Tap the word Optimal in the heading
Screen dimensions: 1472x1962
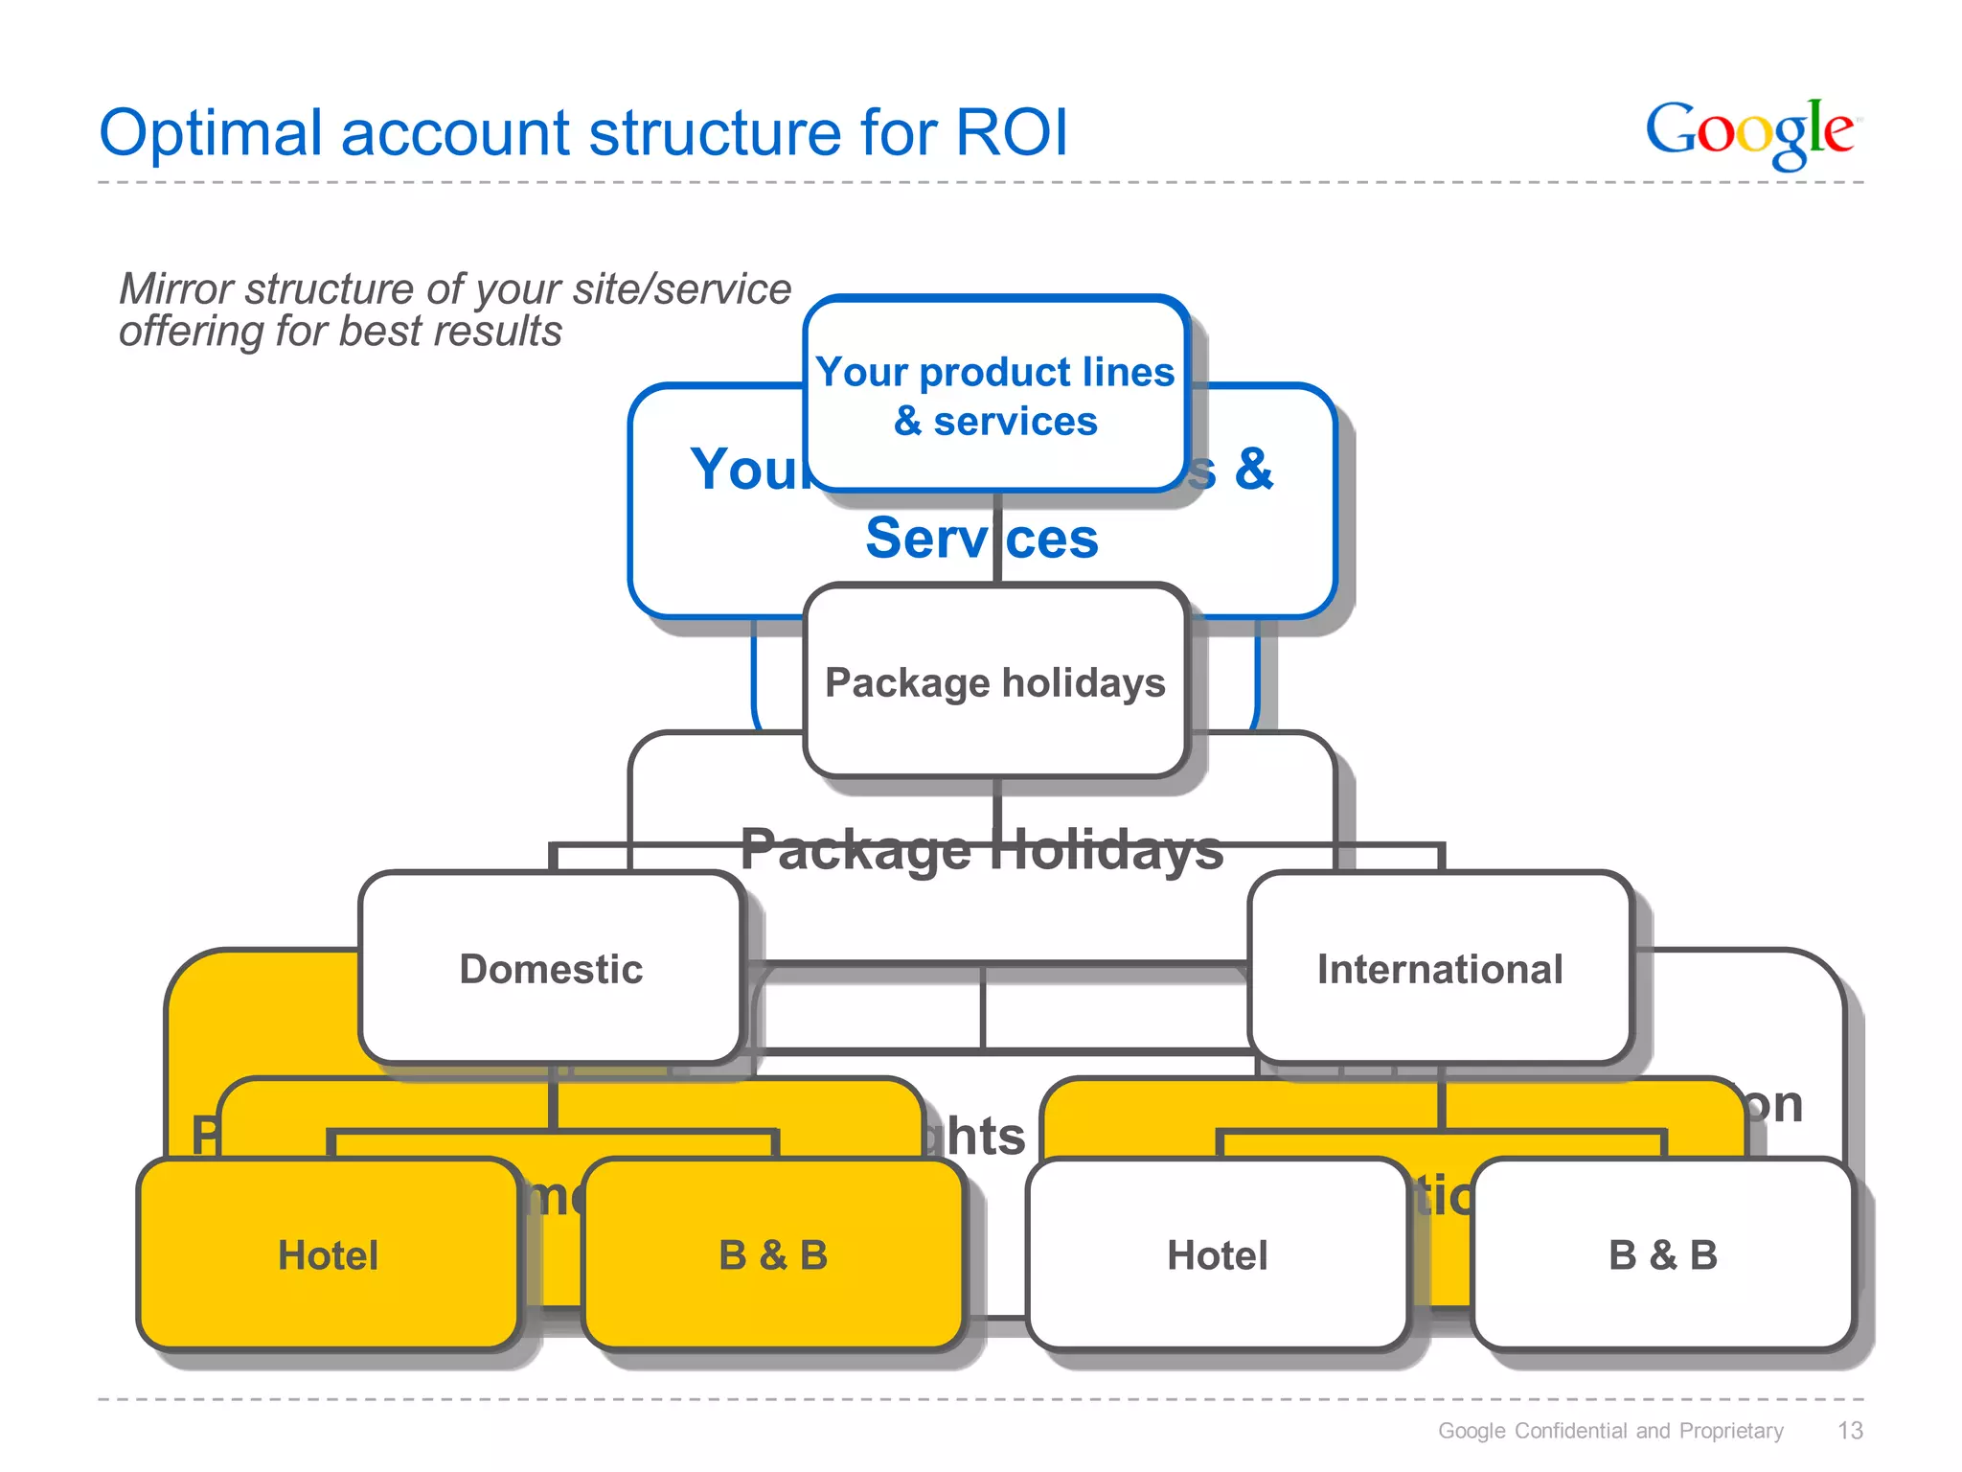pos(211,134)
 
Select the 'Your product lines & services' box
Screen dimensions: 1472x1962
pos(995,396)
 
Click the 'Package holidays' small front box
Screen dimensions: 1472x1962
pos(995,682)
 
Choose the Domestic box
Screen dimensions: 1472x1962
pos(552,969)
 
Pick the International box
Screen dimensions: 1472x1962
pos(1440,969)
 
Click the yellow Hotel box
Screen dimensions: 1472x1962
pos(329,1255)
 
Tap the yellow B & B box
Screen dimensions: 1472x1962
pos(773,1255)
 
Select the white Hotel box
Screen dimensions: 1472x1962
pos(1217,1255)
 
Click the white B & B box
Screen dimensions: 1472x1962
pos(1663,1255)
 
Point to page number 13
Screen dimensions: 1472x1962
pos(1850,1431)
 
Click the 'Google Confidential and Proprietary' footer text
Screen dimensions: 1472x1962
pos(1610,1431)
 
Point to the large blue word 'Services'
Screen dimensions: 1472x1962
pos(981,539)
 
